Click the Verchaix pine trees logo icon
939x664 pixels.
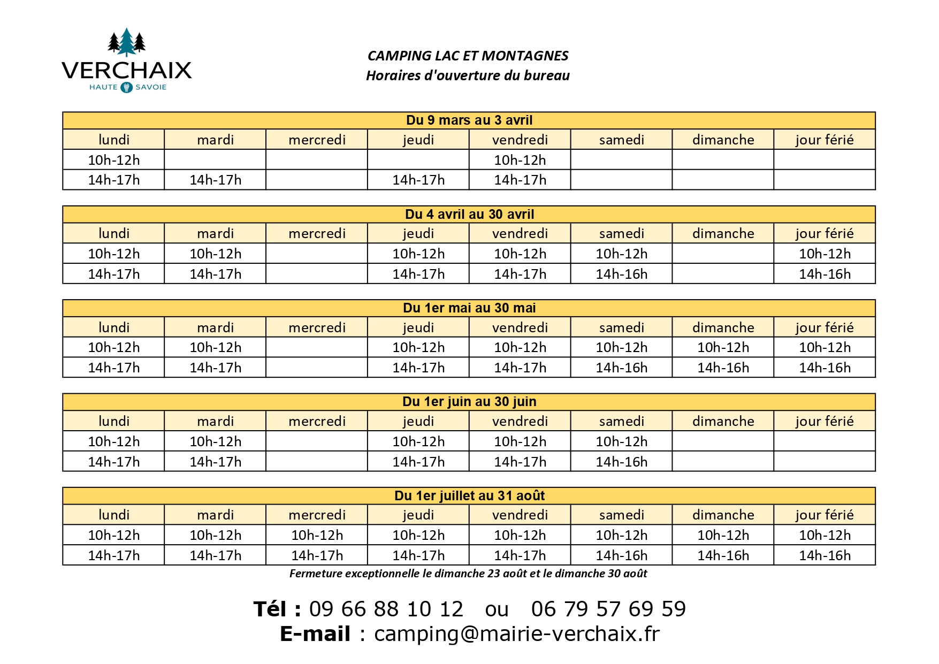click(x=126, y=42)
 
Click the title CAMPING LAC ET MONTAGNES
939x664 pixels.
click(x=468, y=56)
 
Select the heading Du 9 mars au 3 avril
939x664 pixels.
click(x=469, y=120)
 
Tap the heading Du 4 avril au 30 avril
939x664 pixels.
click(x=469, y=215)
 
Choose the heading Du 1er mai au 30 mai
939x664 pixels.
click(x=469, y=308)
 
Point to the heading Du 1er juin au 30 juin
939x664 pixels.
click(x=469, y=402)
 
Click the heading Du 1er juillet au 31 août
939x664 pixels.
click(x=469, y=496)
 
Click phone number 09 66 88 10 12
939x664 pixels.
click(x=386, y=609)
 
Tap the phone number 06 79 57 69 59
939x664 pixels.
click(x=608, y=609)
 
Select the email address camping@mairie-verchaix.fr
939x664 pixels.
click(x=516, y=634)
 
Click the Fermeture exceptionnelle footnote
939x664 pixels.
click(x=468, y=574)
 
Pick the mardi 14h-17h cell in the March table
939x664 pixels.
click(x=215, y=180)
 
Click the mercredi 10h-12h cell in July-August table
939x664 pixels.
click(x=317, y=535)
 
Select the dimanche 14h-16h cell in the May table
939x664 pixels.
click(x=723, y=368)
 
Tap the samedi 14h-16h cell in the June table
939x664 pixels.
click(x=621, y=462)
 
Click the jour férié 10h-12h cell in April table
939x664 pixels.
click(x=825, y=254)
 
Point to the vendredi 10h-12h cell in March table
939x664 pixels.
click(x=520, y=160)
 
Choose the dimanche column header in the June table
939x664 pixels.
click(x=723, y=422)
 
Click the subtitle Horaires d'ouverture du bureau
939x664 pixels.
click(x=468, y=75)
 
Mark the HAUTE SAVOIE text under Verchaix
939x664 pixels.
click(x=127, y=87)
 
